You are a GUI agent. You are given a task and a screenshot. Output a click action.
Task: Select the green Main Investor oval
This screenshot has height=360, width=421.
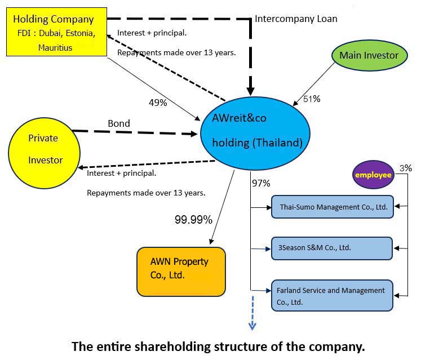(369, 55)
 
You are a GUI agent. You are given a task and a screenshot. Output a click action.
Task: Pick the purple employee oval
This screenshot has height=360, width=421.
(373, 175)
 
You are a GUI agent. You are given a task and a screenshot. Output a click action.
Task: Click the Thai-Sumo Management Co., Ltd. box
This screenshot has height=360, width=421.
(332, 207)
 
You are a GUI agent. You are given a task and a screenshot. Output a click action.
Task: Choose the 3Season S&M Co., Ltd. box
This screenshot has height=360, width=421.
(332, 248)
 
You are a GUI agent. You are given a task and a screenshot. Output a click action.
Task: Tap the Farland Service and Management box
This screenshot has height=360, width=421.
(332, 295)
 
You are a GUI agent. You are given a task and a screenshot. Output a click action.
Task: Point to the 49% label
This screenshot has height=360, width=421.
(158, 103)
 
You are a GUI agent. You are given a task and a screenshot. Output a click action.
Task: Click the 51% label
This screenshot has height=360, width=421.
(312, 99)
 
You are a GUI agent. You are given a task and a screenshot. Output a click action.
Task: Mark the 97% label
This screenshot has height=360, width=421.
(262, 183)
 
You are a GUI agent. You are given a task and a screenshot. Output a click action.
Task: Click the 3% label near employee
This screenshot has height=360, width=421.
(406, 168)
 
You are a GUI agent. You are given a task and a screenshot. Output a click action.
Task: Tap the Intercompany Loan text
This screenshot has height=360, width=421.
(296, 19)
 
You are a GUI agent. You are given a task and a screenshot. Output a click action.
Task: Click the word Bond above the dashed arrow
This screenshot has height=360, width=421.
(119, 123)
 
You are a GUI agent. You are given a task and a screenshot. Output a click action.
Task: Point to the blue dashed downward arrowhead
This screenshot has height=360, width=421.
(252, 326)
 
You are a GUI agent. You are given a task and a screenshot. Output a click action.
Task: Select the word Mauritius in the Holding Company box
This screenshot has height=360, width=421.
(55, 47)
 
